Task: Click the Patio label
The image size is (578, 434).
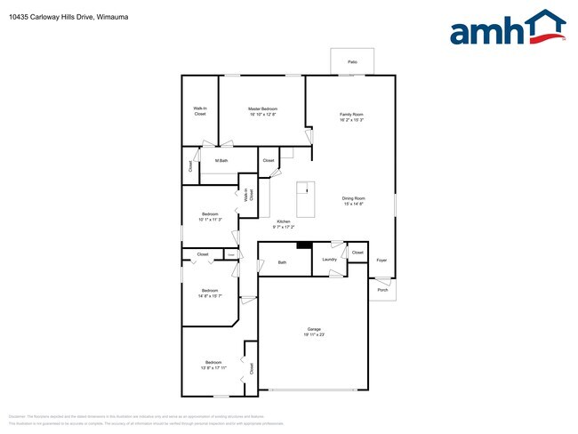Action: click(x=352, y=62)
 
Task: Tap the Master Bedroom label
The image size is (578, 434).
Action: click(x=262, y=108)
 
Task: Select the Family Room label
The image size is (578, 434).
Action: click(x=351, y=114)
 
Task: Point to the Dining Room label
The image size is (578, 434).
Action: click(x=354, y=198)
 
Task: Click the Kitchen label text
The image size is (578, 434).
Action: click(x=283, y=221)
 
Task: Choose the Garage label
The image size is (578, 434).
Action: click(x=314, y=329)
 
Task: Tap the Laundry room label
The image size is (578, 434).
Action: click(x=329, y=260)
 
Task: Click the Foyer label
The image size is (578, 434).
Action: click(x=381, y=260)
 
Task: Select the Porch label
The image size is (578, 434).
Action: click(x=382, y=290)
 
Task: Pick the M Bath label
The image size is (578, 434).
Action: click(x=221, y=161)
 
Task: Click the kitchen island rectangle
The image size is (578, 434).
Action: click(x=306, y=198)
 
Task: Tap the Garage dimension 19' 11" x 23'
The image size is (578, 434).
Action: click(x=314, y=335)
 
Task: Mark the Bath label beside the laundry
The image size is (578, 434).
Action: click(x=282, y=262)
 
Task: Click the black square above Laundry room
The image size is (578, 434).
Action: click(x=303, y=246)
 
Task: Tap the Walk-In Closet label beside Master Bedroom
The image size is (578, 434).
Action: click(x=200, y=111)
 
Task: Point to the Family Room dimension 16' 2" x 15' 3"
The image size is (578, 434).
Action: click(x=351, y=120)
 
